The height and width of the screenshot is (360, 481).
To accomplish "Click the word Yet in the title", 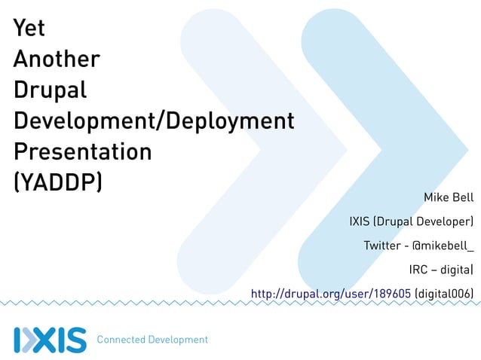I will click(29, 29).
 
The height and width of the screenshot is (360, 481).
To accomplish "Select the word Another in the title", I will click(57, 59).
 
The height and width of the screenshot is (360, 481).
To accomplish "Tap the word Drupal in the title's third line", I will click(51, 91).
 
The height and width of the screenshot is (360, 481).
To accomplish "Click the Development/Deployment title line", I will click(153, 122).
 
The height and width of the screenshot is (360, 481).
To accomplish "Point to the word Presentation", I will click(83, 152).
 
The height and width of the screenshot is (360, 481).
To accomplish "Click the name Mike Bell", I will click(448, 198).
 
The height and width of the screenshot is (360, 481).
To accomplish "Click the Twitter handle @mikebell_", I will click(443, 246).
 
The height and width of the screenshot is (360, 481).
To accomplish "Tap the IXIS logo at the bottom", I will click(50, 339).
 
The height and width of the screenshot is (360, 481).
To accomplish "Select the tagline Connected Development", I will click(152, 340).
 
